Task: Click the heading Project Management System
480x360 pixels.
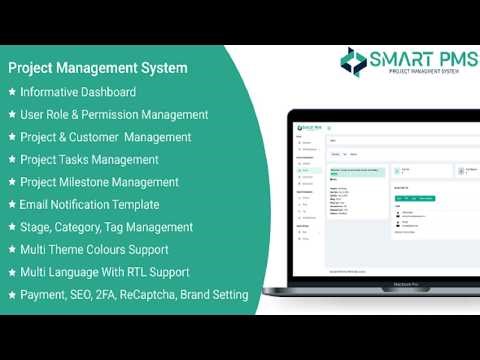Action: [96, 69]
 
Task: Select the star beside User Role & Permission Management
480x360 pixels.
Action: [11, 115]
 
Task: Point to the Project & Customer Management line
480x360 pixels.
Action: [105, 137]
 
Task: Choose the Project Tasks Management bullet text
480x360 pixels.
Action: [89, 159]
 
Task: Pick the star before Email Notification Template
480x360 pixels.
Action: [11, 204]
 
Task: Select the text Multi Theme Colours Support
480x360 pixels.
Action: [94, 249]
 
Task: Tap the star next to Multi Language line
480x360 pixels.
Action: [11, 272]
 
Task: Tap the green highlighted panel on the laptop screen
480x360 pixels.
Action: [356, 187]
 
